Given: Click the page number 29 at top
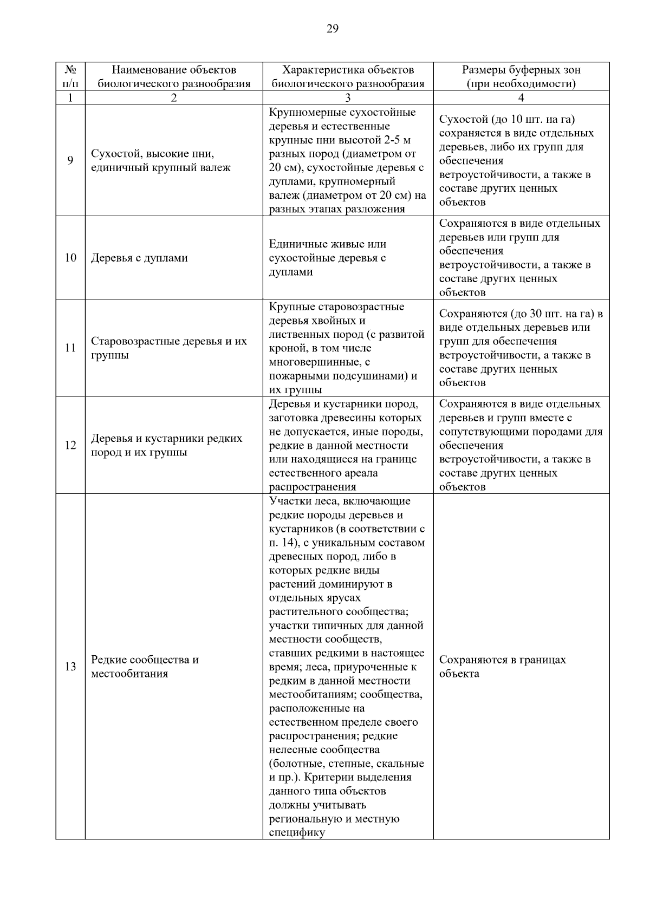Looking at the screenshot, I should coord(332,29).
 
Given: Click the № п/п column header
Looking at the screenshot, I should coord(70,76).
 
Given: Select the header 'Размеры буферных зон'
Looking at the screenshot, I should coord(521,70).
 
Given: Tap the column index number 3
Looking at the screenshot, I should coord(348,98).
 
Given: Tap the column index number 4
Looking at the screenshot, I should coord(521,98).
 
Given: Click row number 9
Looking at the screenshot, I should coord(70,160).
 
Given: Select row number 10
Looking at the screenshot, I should coord(70,258).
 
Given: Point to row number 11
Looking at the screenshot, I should coord(70,348).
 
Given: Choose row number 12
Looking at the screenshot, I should coord(70,445).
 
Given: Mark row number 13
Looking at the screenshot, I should coord(70,666).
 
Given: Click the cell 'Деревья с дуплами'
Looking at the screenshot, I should coord(139,258).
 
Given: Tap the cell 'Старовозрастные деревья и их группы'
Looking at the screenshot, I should coord(168,348).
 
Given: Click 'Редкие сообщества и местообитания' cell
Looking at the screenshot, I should coord(145,666).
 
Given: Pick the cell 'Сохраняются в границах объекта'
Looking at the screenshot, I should coord(502,666).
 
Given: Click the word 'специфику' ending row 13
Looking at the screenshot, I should coord(296,832).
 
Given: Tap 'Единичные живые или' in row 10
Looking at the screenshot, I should coord(327,244).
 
